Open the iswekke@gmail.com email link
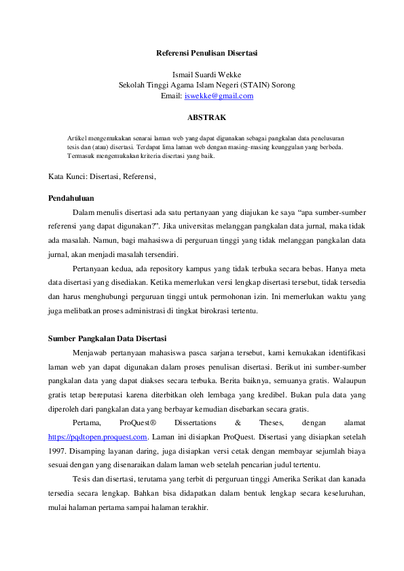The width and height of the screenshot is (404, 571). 219,96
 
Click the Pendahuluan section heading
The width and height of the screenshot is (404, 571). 71,198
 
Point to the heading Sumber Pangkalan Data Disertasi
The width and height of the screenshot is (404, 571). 107,338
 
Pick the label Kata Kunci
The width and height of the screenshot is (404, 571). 67,177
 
